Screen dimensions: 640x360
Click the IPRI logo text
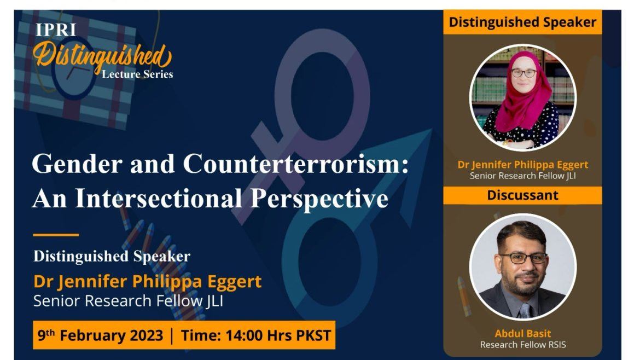56,30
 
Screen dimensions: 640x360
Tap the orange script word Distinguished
102,57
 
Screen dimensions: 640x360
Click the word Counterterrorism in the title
295,164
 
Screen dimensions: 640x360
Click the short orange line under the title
56,235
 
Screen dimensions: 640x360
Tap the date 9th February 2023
101,335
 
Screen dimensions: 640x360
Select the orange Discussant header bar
522,195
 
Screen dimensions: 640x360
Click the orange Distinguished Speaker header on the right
522,22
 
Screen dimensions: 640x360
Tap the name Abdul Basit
523,334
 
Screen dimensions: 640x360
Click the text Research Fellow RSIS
523,345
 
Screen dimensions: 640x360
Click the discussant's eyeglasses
523,258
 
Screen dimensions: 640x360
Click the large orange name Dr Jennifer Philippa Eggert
147,282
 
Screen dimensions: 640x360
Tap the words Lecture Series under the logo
137,74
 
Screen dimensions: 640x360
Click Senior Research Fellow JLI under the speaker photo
523,176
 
